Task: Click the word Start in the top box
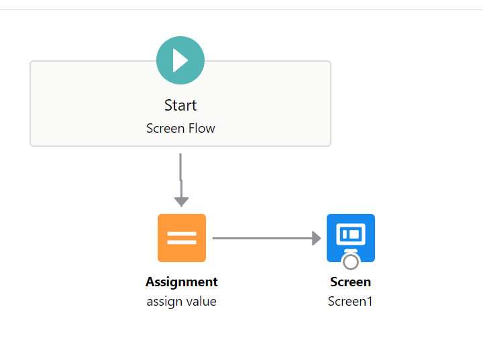pos(180,105)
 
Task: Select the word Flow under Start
pos(202,128)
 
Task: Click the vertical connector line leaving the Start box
pos(180,171)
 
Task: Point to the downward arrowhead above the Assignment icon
pos(181,201)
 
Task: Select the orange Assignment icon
pos(182,238)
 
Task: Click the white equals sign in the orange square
pos(182,238)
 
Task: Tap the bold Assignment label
pos(182,282)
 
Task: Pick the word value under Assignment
pos(202,302)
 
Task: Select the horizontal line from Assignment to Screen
pos(262,238)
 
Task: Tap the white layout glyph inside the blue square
pos(351,234)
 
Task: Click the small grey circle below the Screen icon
pos(351,260)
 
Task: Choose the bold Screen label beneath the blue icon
pos(351,282)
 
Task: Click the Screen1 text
pos(351,302)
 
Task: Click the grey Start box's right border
pos(331,104)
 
